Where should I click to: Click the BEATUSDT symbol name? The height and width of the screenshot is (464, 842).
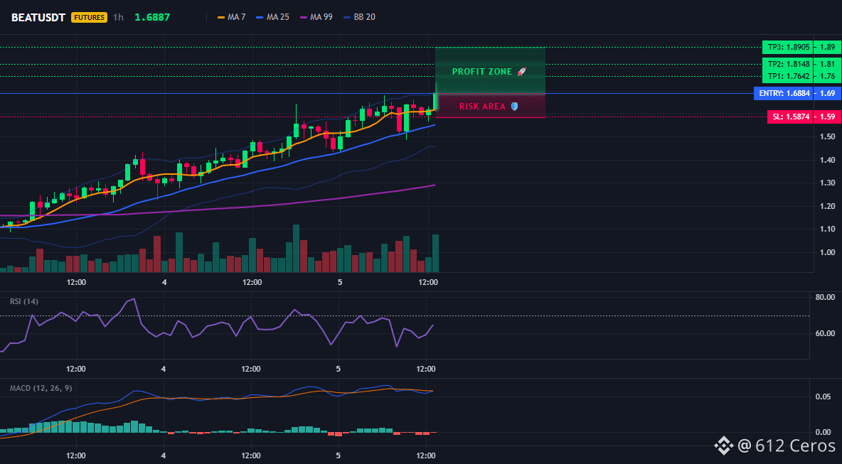(38, 17)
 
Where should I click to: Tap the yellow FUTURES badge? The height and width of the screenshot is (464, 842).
(89, 17)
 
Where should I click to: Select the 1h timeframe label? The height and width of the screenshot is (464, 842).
(118, 17)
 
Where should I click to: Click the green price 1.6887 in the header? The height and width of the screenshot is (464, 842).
(152, 17)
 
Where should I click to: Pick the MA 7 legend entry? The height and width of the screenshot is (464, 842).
(231, 17)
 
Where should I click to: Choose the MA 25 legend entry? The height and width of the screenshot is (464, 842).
(273, 17)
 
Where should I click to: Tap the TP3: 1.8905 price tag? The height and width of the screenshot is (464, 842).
(787, 47)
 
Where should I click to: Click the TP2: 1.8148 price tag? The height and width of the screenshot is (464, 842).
(787, 65)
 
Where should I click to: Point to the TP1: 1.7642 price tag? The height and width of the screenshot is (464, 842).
(787, 76)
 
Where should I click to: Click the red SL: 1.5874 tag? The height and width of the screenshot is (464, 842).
(790, 117)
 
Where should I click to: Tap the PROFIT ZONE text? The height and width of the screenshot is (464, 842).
(482, 71)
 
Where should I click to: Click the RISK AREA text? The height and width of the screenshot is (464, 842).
(483, 106)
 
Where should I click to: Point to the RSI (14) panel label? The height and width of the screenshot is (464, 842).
(24, 301)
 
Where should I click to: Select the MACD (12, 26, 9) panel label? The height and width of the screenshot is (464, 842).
(41, 388)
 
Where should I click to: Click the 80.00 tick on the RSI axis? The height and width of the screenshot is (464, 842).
(824, 296)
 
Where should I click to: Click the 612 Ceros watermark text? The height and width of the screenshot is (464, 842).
(795, 446)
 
